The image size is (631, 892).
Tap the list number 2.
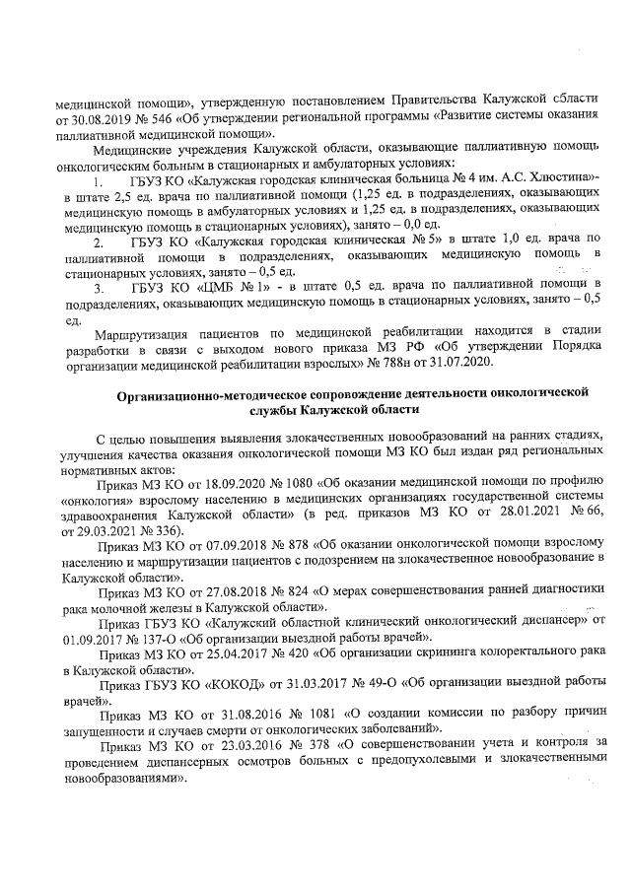(x=97, y=241)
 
